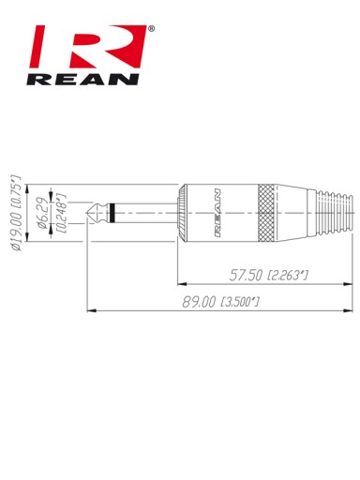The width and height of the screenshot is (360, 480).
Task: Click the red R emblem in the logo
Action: [x=88, y=46]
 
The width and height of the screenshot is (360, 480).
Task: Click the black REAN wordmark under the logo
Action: [x=82, y=80]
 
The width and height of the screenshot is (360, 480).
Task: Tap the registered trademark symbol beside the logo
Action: [x=151, y=29]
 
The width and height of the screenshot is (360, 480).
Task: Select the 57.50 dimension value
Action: [x=246, y=276]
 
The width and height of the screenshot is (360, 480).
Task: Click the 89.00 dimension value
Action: [x=199, y=302]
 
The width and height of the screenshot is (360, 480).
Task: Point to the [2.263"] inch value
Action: [x=288, y=276]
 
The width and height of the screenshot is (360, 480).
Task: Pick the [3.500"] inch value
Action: [x=240, y=302]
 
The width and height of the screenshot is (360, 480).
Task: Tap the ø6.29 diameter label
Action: [x=43, y=216]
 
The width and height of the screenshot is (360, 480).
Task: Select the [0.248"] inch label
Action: [x=62, y=213]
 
